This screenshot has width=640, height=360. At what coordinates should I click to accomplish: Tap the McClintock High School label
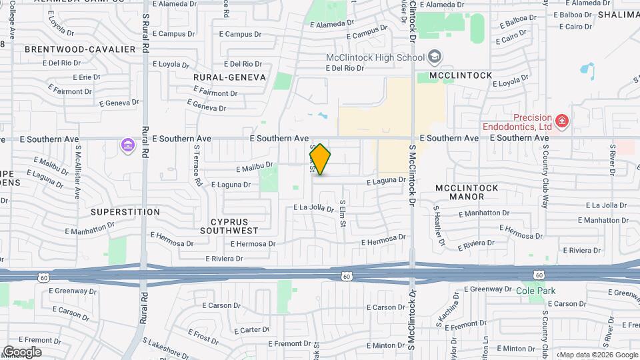coord(374,57)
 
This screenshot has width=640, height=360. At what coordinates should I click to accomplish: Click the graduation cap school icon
coord(435,57)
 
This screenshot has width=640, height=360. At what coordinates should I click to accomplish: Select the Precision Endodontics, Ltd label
coord(517,121)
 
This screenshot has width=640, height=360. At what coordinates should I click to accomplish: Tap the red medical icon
coord(562,121)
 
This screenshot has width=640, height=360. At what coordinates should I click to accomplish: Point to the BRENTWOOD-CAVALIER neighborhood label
coord(80,49)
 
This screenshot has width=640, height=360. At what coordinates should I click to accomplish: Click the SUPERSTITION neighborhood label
coord(125,212)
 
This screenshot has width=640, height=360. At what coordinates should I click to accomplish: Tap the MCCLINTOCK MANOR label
coord(467,193)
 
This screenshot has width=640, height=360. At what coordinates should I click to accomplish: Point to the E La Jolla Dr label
coord(313,208)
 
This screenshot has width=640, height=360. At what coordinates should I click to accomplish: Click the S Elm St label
coord(343,213)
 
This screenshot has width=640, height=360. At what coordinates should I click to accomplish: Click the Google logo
coord(22,352)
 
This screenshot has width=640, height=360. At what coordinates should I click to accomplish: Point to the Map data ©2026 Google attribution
coord(598,355)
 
